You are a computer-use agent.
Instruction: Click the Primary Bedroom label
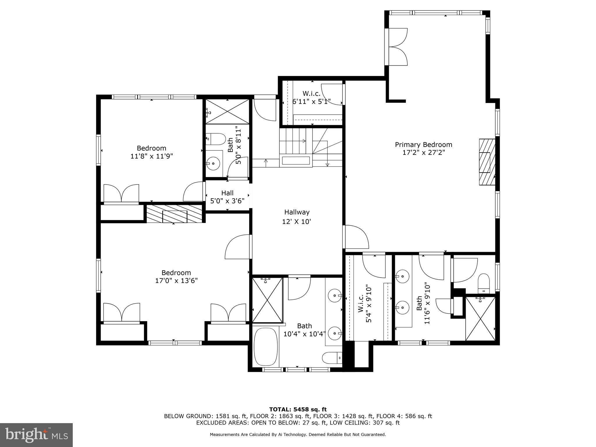click(423, 145)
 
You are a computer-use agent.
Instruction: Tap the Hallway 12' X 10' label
click(297, 217)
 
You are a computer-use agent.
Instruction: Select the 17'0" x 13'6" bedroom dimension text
click(176, 281)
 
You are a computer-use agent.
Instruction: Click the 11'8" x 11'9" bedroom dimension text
click(152, 156)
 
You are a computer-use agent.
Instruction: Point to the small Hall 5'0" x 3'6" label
click(227, 197)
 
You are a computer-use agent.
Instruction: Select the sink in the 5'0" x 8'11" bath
click(214, 164)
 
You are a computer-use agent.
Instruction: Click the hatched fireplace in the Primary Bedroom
click(487, 162)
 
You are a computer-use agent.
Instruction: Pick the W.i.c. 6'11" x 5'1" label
click(311, 97)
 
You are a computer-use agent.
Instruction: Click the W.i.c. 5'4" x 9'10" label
click(365, 304)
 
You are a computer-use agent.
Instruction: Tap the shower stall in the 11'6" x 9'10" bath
click(480, 318)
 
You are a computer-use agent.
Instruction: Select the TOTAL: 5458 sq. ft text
click(298, 410)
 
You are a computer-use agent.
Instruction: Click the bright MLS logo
click(36, 435)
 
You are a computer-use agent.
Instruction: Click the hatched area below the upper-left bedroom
click(174, 214)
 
